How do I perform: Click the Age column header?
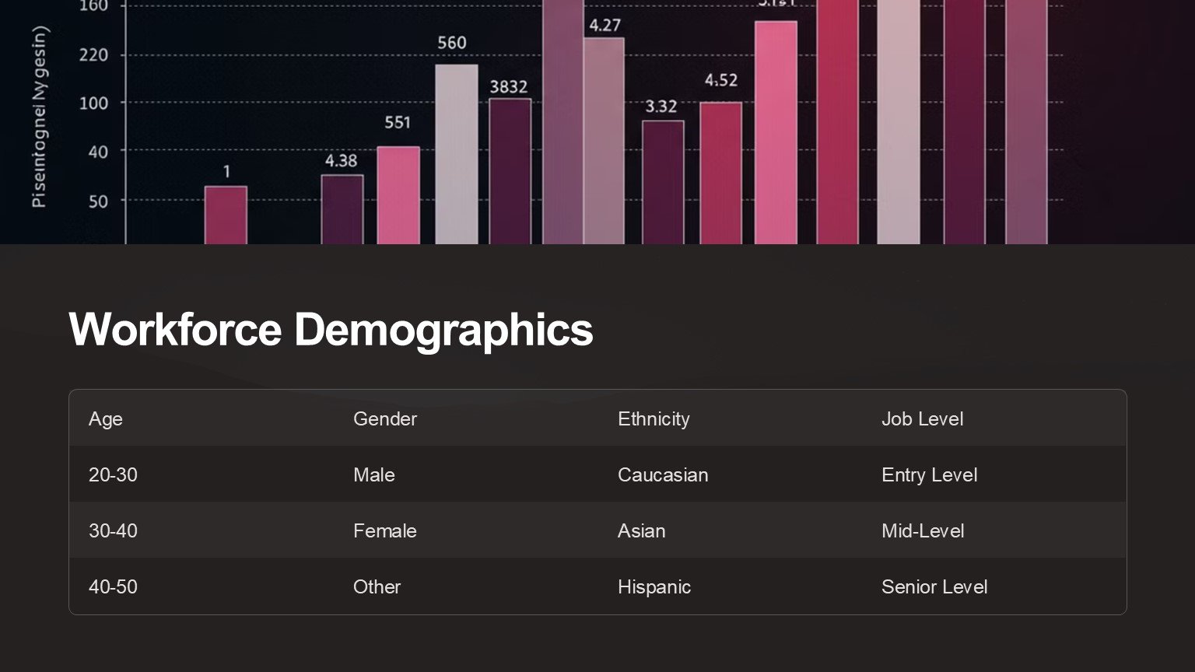(x=106, y=418)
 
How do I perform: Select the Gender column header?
(x=385, y=418)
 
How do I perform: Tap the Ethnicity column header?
(x=654, y=418)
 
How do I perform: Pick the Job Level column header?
(x=922, y=418)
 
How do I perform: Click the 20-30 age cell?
(x=113, y=474)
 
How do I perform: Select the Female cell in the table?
(x=385, y=530)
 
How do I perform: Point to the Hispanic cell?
(x=654, y=586)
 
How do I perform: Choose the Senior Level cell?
(x=934, y=586)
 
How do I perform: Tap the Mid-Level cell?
(x=923, y=530)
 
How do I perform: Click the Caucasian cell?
(x=663, y=474)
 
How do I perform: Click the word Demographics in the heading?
(x=443, y=329)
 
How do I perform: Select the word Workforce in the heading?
(x=175, y=329)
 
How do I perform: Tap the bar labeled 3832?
(x=510, y=171)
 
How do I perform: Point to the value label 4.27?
(x=605, y=26)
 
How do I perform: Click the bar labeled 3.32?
(x=663, y=182)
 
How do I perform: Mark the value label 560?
(x=452, y=43)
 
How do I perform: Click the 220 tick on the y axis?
(x=93, y=55)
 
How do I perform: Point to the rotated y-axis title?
(x=39, y=117)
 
